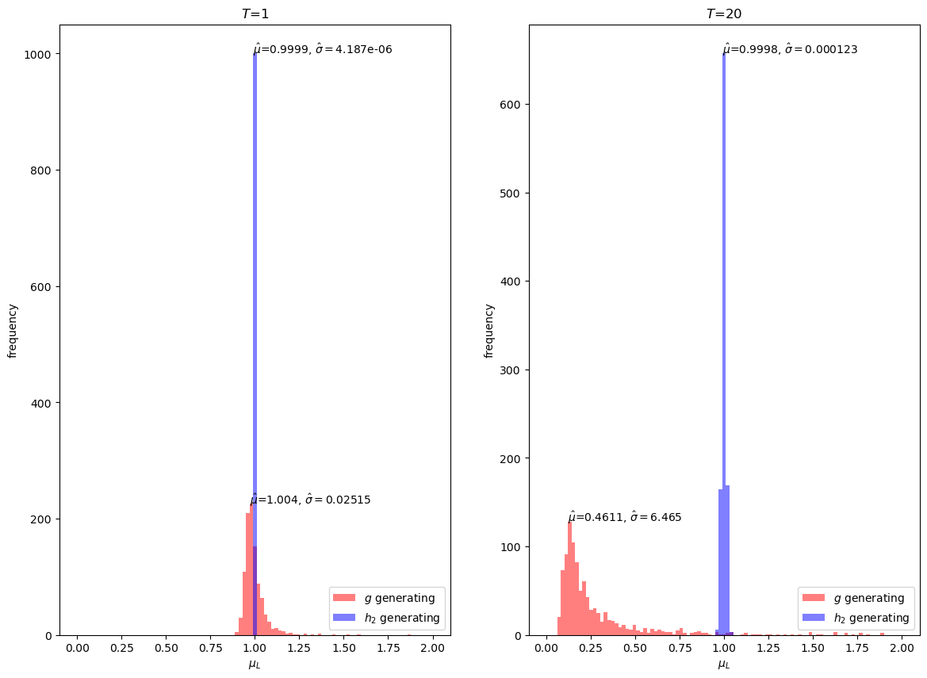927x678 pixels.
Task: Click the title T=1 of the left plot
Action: click(255, 13)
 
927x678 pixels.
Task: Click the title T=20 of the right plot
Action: click(724, 13)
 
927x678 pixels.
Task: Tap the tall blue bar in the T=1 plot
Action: click(255, 317)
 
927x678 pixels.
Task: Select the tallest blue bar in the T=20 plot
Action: click(724, 317)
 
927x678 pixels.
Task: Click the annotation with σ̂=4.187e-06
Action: click(323, 50)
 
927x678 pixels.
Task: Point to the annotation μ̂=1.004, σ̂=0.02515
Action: click(311, 500)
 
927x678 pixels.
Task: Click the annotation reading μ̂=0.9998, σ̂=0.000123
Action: click(790, 50)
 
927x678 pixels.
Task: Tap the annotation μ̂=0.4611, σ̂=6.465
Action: click(625, 518)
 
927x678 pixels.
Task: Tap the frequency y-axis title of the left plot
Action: click(13, 330)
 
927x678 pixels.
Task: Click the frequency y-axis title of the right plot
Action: click(489, 330)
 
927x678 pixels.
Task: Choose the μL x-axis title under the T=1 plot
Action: click(255, 665)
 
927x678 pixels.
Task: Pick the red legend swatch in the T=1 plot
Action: click(345, 598)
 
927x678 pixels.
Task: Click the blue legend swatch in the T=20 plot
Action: click(814, 618)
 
